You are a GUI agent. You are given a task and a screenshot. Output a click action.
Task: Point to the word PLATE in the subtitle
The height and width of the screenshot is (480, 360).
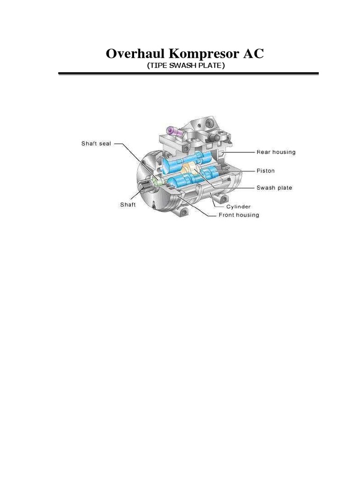(x=211, y=66)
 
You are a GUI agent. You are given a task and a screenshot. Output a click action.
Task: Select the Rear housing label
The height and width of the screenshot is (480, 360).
(x=276, y=152)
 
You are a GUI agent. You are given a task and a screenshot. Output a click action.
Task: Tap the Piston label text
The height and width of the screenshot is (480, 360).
(x=265, y=170)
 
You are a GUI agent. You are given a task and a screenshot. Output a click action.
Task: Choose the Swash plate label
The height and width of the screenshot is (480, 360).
(x=274, y=187)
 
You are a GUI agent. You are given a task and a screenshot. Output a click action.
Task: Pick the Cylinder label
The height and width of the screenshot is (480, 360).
(x=239, y=206)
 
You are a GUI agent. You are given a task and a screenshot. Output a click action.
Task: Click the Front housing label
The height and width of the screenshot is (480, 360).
(x=239, y=215)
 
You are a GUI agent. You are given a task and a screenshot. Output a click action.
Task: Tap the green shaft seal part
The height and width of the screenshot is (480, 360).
(x=157, y=181)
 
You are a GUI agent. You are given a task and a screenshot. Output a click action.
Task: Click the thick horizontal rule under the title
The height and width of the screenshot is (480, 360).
(x=188, y=74)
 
